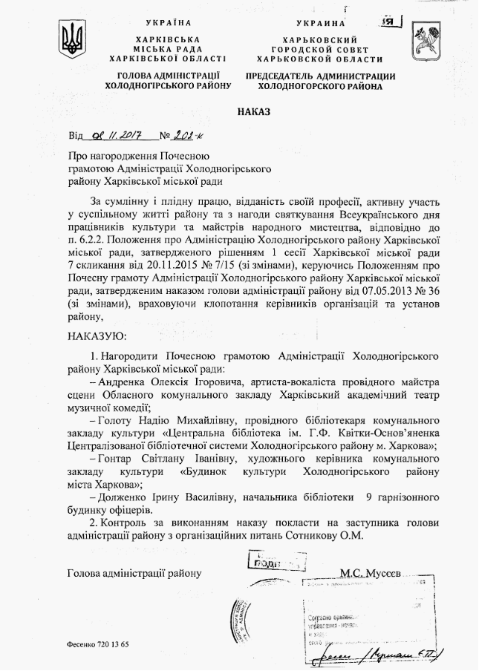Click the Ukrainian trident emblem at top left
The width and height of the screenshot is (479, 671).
point(73,39)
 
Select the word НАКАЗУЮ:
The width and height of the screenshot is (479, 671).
point(97,336)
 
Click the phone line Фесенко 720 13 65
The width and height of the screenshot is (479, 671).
point(98,643)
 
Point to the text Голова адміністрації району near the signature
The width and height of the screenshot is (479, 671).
point(134,573)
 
